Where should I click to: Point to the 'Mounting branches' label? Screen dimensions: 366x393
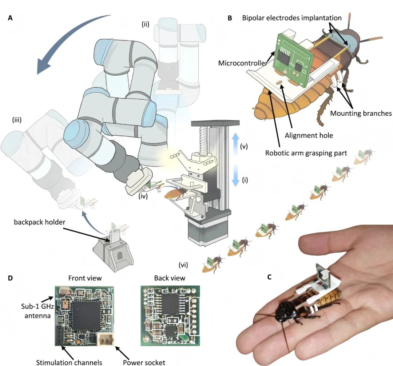tap(361, 113)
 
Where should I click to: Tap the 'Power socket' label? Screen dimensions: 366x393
tap(144, 362)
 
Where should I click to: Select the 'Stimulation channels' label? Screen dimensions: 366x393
tap(69, 362)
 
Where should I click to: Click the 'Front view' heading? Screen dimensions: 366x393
tap(85, 278)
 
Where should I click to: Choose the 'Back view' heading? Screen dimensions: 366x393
tap(170, 278)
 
